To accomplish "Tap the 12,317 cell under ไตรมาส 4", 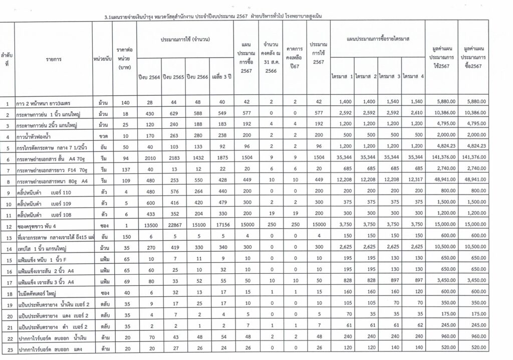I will point(413,179).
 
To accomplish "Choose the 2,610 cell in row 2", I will point(413,114).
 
